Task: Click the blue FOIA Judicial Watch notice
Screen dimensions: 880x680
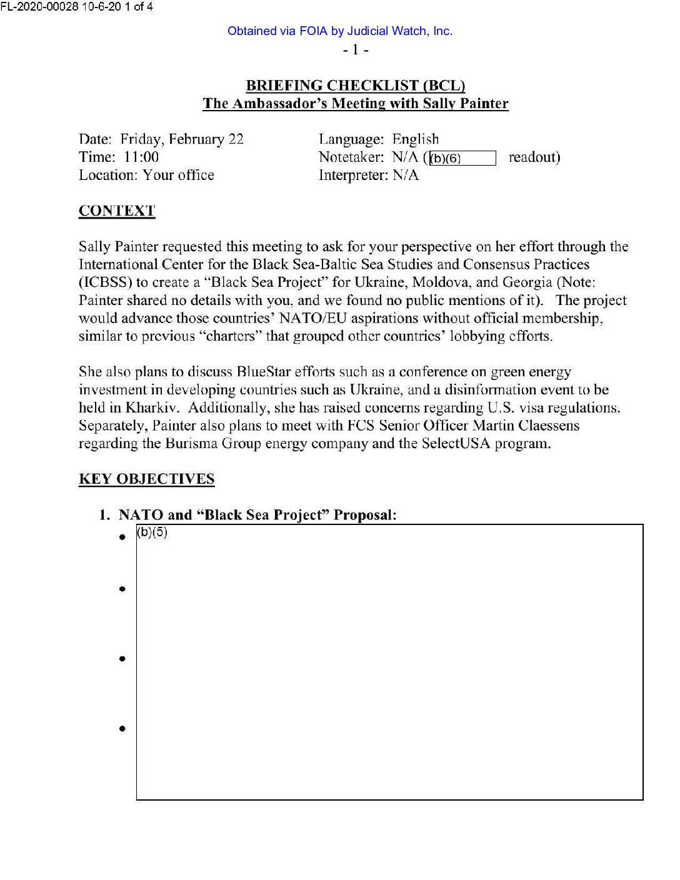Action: tap(339, 31)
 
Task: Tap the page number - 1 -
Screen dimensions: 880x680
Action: tap(355, 49)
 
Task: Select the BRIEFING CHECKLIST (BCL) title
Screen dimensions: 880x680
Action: tap(355, 86)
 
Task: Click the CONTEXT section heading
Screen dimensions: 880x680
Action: tap(117, 211)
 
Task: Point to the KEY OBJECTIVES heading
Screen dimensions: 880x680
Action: tap(146, 479)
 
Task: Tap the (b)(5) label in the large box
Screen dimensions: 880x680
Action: tap(152, 532)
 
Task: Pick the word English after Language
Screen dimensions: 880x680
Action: tap(416, 139)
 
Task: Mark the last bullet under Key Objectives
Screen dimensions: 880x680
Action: tap(122, 729)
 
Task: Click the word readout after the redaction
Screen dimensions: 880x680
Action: tap(534, 157)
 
